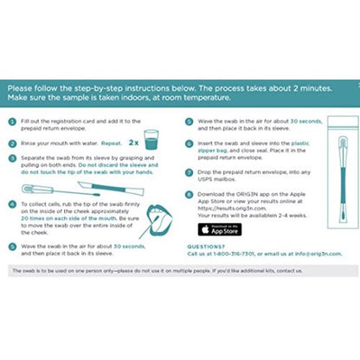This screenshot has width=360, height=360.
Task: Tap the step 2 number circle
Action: (x=12, y=138)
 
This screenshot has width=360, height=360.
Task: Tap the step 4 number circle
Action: (x=12, y=203)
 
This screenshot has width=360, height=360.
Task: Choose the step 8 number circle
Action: (x=190, y=197)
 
